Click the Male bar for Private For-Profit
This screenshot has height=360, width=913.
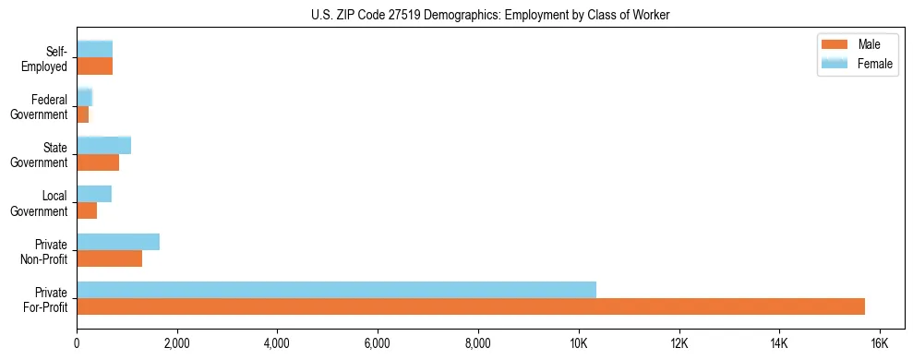471,306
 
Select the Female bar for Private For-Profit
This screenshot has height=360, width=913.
336,289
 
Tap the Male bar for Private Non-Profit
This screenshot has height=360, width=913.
109,258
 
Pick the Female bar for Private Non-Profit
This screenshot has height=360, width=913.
118,242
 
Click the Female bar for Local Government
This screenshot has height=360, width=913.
94,194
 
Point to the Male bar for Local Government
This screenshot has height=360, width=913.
87,210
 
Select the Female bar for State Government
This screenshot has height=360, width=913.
103,145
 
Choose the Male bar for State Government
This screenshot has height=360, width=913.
98,162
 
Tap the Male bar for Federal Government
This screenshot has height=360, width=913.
82,114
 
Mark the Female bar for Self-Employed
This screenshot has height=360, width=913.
94,49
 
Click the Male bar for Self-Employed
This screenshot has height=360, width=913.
94,66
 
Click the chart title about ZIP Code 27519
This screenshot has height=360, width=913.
490,15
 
